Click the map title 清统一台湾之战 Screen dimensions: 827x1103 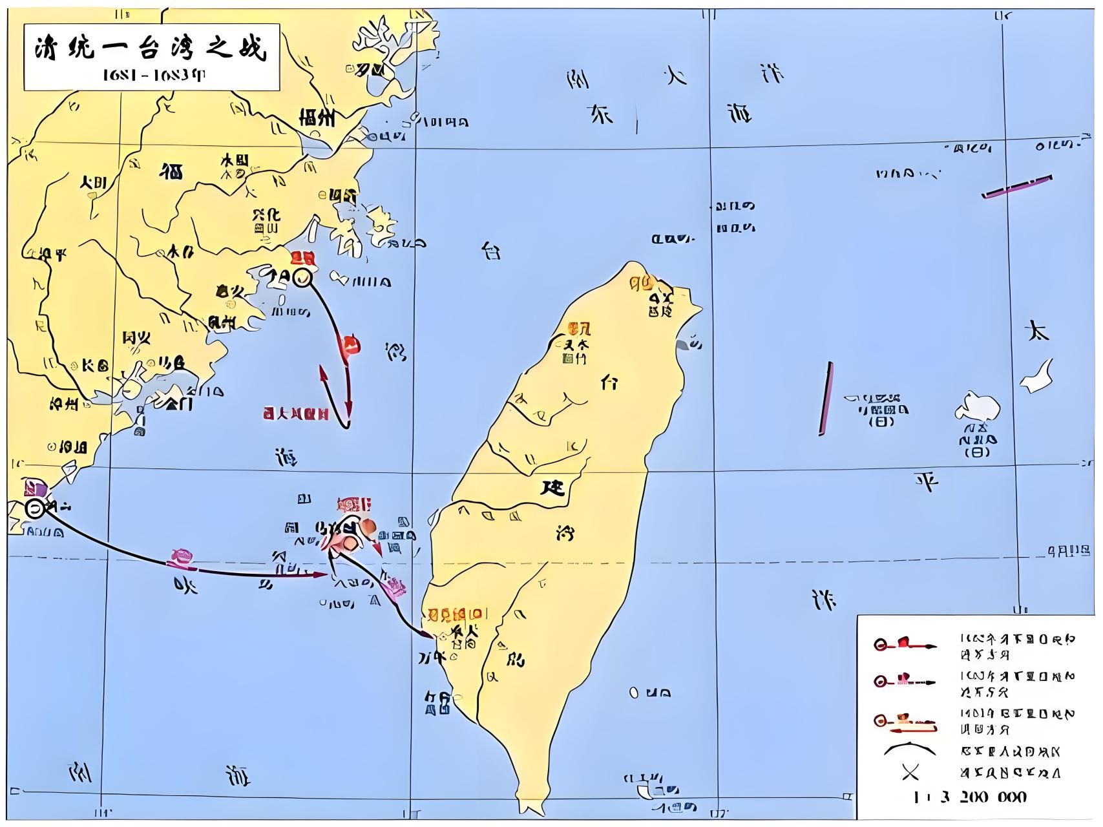[x=150, y=49]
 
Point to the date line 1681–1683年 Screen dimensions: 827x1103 [x=154, y=76]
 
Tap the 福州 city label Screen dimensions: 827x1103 [x=317, y=118]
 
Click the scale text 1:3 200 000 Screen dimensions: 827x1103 [x=969, y=797]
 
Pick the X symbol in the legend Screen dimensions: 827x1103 [x=910, y=772]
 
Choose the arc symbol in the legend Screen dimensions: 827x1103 [x=910, y=749]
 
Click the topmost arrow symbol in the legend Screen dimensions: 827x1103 [x=905, y=644]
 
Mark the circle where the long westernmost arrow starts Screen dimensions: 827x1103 [x=36, y=508]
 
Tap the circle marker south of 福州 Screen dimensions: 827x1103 [x=302, y=278]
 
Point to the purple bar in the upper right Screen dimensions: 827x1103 [x=1016, y=185]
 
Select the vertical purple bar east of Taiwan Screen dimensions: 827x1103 [x=826, y=398]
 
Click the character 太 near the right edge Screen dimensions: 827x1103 [x=1036, y=331]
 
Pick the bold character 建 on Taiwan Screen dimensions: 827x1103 [x=552, y=487]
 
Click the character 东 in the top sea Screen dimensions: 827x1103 [x=599, y=115]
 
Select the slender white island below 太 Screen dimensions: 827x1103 [x=1039, y=376]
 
